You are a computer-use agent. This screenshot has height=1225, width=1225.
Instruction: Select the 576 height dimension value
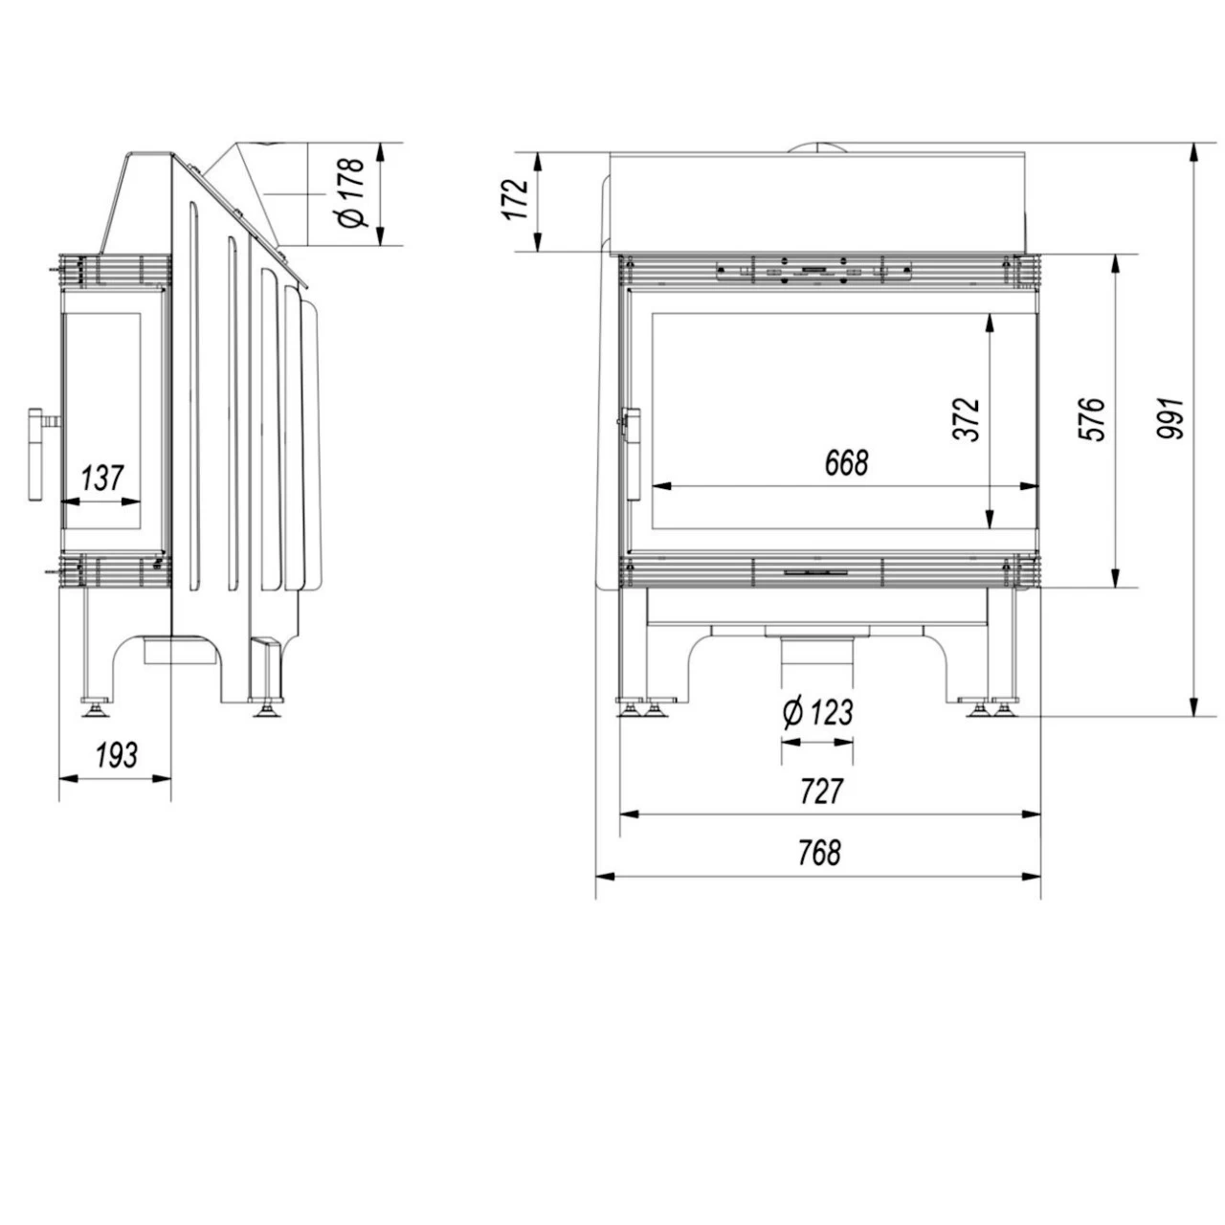pyautogui.click(x=1092, y=419)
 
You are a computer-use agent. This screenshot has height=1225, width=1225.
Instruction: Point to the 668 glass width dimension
pyautogui.click(x=847, y=462)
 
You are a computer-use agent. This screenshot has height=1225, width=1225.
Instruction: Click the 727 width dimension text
pyautogui.click(x=821, y=791)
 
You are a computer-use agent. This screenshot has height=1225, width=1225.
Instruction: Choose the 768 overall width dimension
pyautogui.click(x=819, y=853)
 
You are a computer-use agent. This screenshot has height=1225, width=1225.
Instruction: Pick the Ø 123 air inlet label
pyautogui.click(x=817, y=712)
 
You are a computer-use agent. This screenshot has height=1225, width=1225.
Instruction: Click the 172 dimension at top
pyautogui.click(x=516, y=200)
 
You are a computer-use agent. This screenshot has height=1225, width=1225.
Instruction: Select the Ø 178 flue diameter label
pyautogui.click(x=351, y=192)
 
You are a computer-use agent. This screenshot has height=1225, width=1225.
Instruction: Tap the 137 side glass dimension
pyautogui.click(x=101, y=479)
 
